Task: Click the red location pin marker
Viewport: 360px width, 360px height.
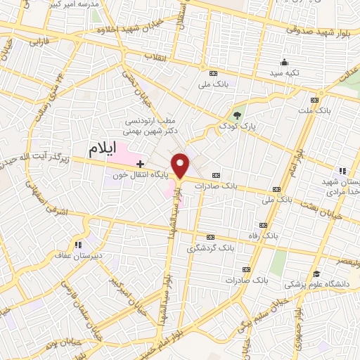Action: (x=181, y=166)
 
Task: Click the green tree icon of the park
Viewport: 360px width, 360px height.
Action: (x=237, y=116)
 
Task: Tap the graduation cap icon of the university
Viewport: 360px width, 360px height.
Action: (x=316, y=274)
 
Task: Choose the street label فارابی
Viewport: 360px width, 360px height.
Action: (x=34, y=44)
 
